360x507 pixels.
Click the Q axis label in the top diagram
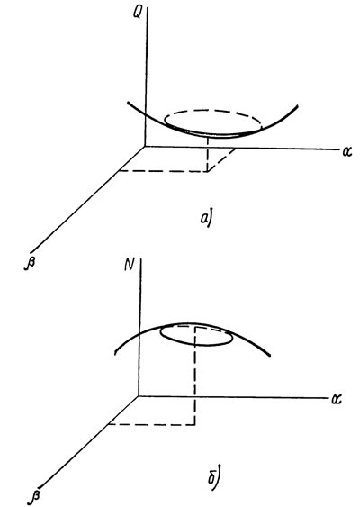[x=137, y=14]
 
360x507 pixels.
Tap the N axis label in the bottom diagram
[x=130, y=265]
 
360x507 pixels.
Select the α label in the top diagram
[x=346, y=151]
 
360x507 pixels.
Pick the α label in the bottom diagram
[x=337, y=399]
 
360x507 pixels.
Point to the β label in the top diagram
[x=30, y=261]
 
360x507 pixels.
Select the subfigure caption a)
[x=206, y=219]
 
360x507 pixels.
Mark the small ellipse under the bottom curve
[x=197, y=345]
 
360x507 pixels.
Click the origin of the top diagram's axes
[x=145, y=147]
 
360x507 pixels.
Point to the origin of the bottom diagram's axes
[x=139, y=395]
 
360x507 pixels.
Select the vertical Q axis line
[x=146, y=77]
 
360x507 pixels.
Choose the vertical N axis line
[x=139, y=327]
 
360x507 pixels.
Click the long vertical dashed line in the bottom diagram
[x=195, y=376]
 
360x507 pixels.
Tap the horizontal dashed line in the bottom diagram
[x=151, y=424]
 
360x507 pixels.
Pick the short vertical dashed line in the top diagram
[x=208, y=154]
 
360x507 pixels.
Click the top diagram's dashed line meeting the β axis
[x=163, y=171]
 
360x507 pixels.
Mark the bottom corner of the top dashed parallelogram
[x=208, y=171]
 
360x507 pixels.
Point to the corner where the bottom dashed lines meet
[x=195, y=424]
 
